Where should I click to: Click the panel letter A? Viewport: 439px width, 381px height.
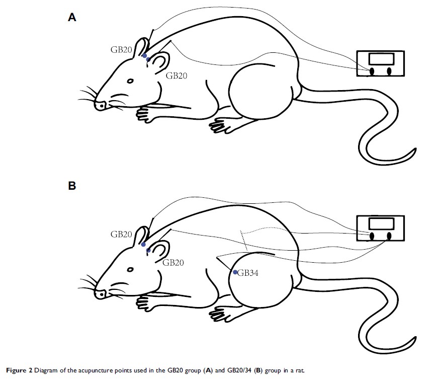click(72, 18)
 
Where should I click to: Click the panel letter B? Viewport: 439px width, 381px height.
click(72, 186)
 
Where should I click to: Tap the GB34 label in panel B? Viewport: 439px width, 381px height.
click(248, 273)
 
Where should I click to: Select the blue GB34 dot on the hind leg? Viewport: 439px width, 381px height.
click(235, 272)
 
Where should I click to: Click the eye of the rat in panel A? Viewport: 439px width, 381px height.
click(130, 81)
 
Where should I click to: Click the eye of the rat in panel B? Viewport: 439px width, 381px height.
click(130, 269)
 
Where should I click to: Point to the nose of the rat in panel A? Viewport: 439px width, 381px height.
click(100, 105)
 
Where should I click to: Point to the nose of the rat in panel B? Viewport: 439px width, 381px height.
click(100, 294)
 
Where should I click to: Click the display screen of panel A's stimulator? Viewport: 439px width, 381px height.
click(381, 59)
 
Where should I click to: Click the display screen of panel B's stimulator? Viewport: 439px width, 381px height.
click(381, 224)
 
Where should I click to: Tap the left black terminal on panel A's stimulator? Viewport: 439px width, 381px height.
click(372, 71)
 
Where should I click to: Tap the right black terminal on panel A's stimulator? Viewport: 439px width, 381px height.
click(389, 71)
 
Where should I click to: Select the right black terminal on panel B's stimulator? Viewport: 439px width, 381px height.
click(389, 236)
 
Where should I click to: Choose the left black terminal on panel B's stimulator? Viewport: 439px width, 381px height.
click(372, 236)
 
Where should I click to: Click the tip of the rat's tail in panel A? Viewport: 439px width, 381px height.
click(416, 149)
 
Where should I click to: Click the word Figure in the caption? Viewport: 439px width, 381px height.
click(16, 370)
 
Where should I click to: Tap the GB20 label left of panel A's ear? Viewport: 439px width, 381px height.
click(121, 50)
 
